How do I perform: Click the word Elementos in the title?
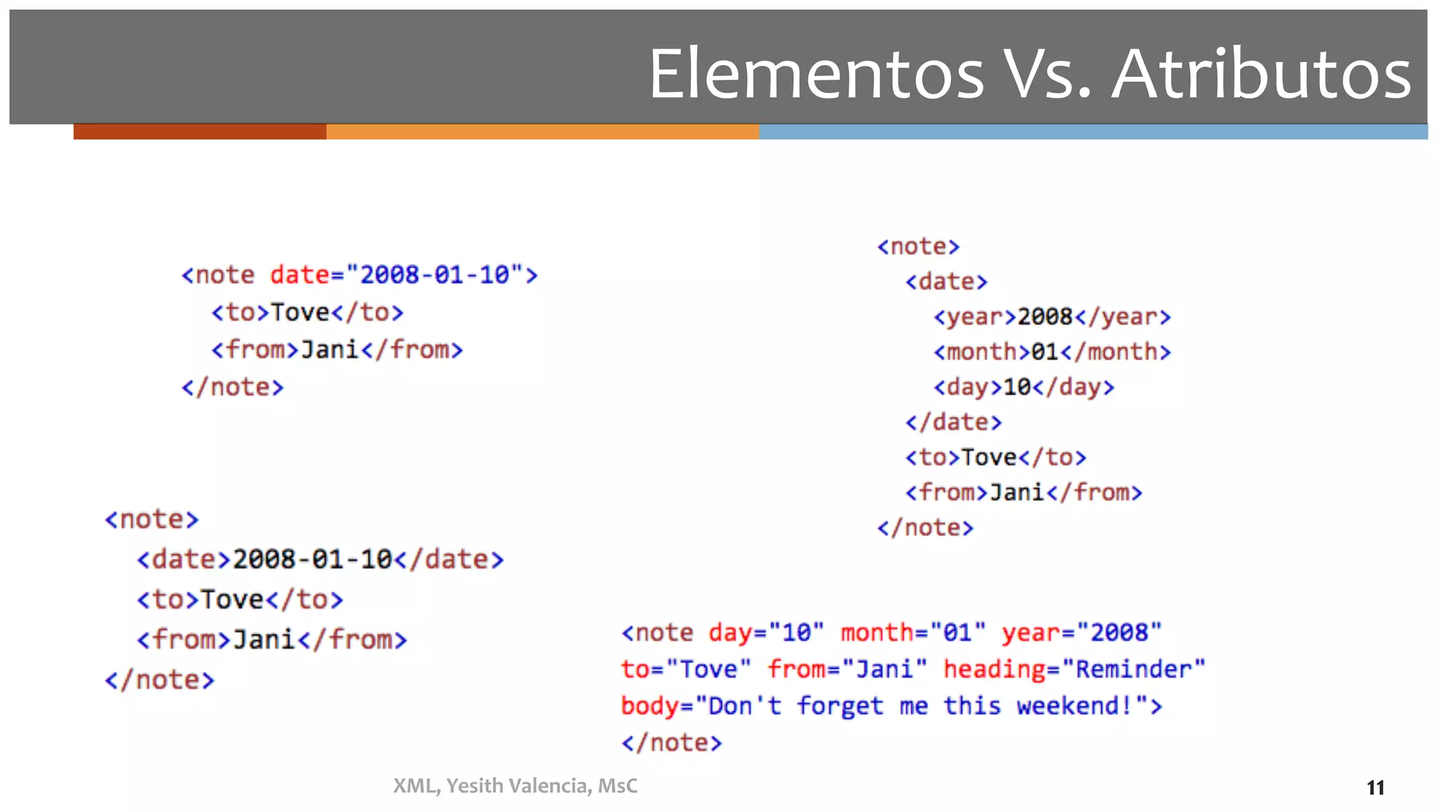point(816,74)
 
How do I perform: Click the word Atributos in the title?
point(1261,74)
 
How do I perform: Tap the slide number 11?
point(1375,787)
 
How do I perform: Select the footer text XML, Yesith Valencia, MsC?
point(515,786)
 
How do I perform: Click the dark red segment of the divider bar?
point(200,132)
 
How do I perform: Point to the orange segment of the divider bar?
point(542,132)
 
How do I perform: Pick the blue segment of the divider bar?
point(1093,132)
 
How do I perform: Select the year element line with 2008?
point(1052,317)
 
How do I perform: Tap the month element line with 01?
point(1052,352)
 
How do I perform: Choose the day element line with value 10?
point(1024,387)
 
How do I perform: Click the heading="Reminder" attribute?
point(1074,669)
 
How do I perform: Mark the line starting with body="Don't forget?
point(891,706)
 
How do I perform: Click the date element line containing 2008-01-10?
point(320,560)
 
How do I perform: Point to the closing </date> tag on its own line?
point(953,422)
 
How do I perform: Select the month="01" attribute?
point(913,633)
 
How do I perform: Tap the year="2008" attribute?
point(1081,633)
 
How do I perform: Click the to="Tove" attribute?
point(685,669)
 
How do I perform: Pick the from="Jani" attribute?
point(847,669)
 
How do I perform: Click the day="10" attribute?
point(766,633)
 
